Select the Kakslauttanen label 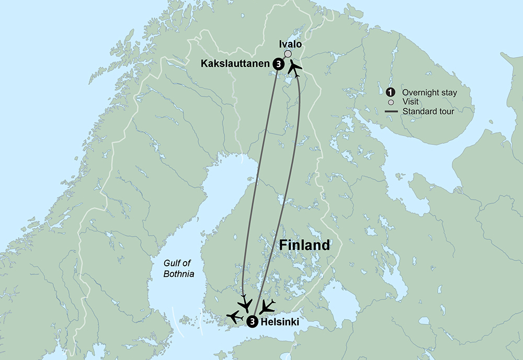tap(235, 64)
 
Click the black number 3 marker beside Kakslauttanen tap(278, 64)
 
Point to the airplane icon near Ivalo tap(295, 68)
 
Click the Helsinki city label tap(280, 322)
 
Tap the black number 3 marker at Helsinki tap(252, 322)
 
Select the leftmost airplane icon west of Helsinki tap(235, 317)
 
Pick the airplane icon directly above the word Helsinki tap(267, 306)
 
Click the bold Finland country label tap(304, 245)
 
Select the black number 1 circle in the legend tap(390, 93)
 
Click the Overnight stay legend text tap(429, 93)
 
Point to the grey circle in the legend tap(390, 102)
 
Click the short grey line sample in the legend tap(390, 111)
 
